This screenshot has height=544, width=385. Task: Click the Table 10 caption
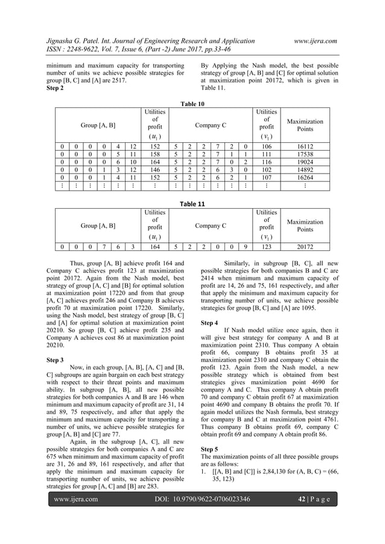[192, 104]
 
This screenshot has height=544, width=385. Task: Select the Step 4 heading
[210, 323]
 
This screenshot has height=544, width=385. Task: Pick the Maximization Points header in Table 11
[305, 226]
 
